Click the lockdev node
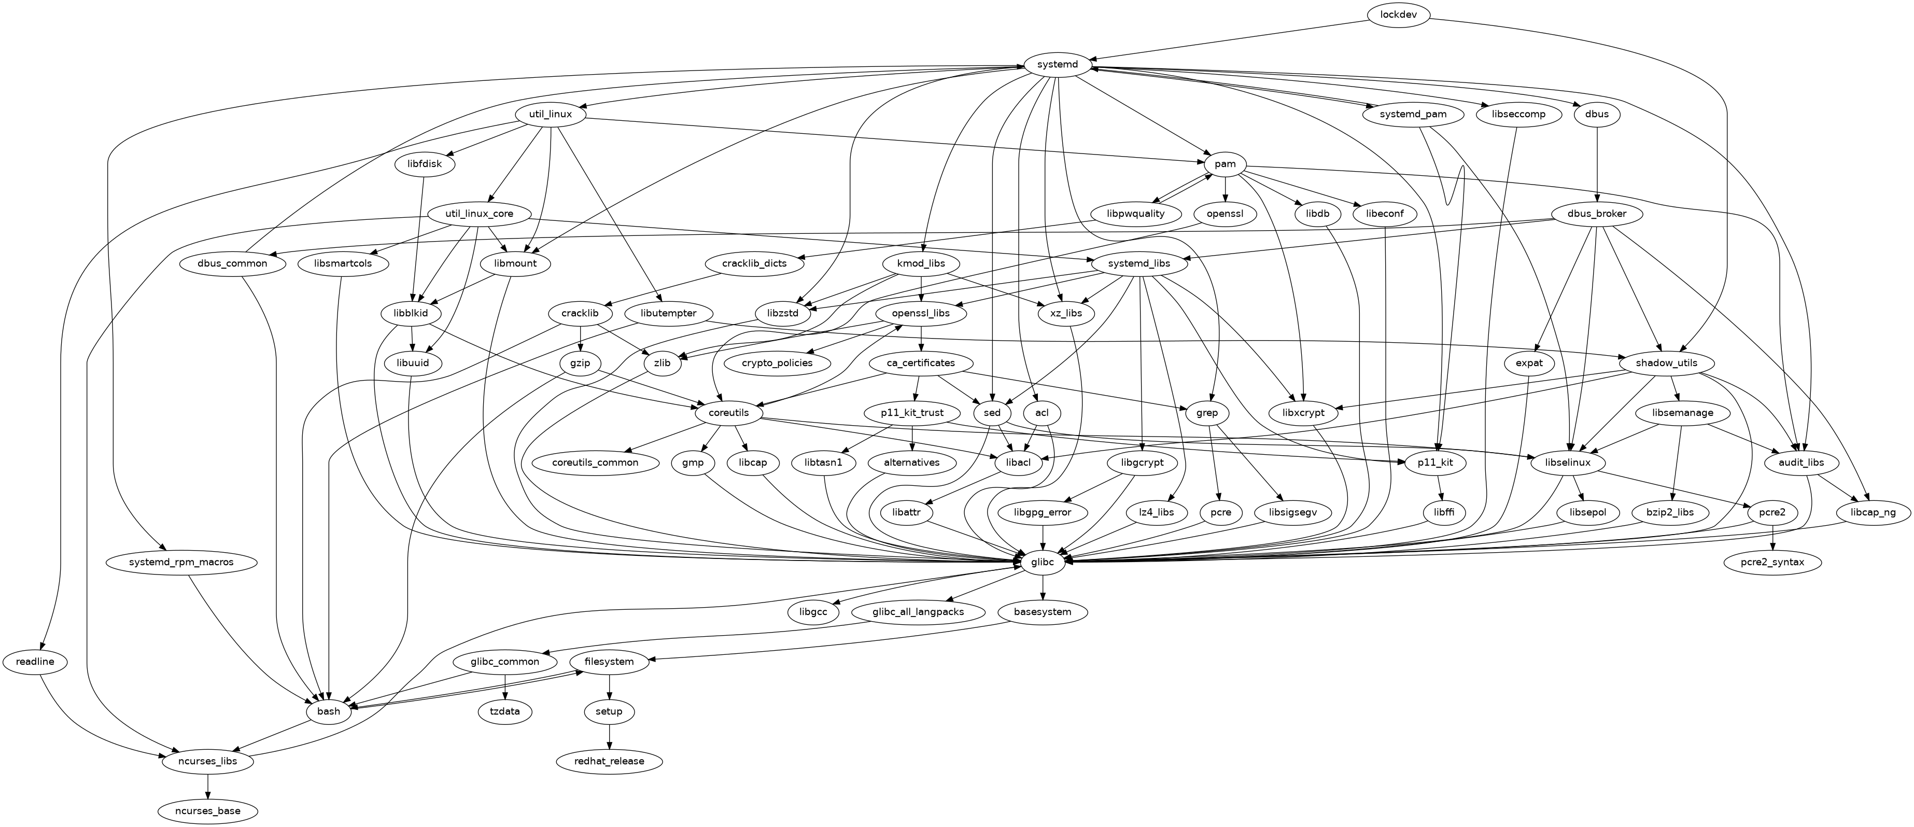[1397, 16]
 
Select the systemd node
[1057, 65]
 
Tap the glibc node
[1044, 563]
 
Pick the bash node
[328, 711]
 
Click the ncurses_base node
[208, 810]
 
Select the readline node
[34, 661]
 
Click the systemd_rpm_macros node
[181, 563]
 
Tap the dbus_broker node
[1595, 214]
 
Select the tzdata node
[505, 711]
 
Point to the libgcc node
[813, 612]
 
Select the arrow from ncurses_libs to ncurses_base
[208, 786]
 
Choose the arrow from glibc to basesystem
[1044, 587]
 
